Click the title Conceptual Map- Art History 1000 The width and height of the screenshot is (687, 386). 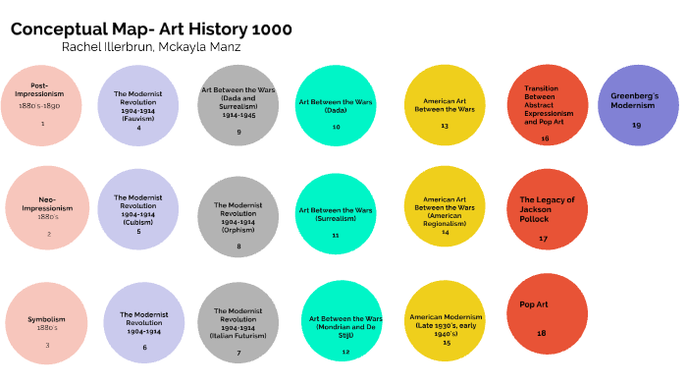point(151,29)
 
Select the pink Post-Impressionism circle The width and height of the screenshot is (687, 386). point(41,104)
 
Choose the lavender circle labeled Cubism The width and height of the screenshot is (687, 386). point(138,210)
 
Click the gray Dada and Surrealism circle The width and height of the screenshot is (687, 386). point(238,106)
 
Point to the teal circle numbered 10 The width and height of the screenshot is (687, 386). point(336,106)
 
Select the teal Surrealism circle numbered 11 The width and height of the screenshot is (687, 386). point(336,216)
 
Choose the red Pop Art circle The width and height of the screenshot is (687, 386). point(547,314)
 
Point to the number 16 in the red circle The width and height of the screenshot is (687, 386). point(545,138)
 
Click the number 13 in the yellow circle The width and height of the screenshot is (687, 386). point(445,126)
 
